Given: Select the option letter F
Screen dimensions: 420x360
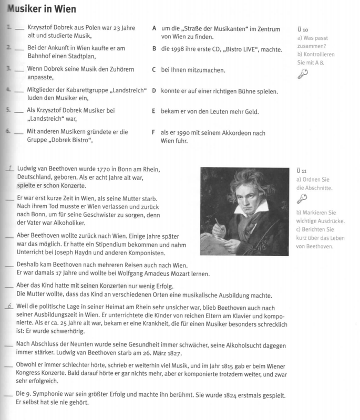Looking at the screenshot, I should coord(153,133).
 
